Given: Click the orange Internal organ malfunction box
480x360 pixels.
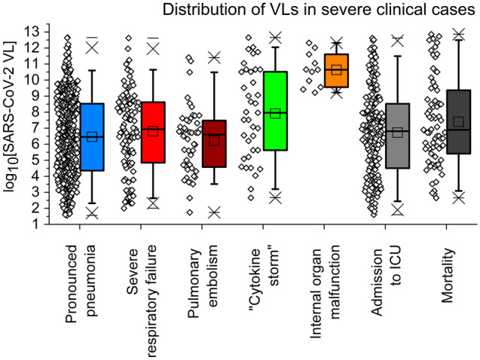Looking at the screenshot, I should [336, 71].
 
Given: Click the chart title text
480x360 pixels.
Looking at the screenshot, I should [314, 10].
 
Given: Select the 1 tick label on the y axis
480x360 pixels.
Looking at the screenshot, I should [35, 224].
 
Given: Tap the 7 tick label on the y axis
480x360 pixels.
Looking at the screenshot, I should [35, 128].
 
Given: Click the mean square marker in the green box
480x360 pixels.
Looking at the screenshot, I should [275, 114].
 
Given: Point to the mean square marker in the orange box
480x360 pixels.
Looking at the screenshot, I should [336, 70].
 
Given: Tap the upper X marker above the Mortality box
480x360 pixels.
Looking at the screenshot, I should [458, 34].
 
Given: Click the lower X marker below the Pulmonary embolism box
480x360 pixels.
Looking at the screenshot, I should [214, 212].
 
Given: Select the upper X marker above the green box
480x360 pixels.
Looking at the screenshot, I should [275, 37].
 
